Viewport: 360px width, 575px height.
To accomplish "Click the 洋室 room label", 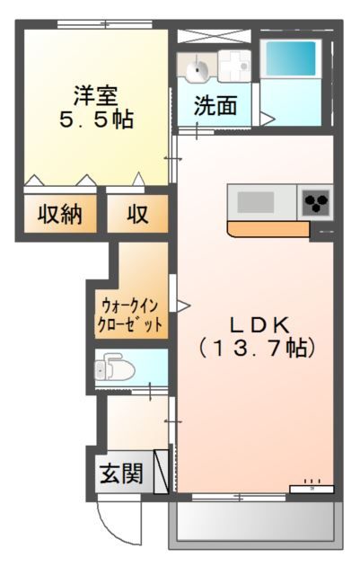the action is coord(96,95).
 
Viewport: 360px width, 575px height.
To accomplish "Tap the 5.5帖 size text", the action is coord(96,119).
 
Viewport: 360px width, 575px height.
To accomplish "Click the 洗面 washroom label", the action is coord(215,106).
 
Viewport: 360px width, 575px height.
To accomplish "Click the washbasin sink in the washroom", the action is coord(196,68).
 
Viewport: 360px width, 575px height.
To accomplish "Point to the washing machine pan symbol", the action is coord(234,66).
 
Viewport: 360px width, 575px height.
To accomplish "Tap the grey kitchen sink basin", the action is coord(256,202).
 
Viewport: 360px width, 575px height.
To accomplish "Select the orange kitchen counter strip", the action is coord(268,229).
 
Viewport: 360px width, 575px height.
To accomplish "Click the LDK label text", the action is coord(259,324).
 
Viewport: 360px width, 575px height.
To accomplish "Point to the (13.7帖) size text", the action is coord(257,348).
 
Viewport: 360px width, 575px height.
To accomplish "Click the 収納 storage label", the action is coord(60,214).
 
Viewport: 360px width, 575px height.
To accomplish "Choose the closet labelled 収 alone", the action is coord(137,214).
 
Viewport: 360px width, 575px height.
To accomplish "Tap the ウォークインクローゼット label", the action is coord(130,314).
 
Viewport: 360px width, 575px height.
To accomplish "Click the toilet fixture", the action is coord(114,368).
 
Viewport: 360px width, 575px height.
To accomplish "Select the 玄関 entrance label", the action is coord(121,473).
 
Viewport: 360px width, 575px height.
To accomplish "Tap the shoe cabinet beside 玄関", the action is coord(162,472).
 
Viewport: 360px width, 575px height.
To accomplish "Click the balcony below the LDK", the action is coord(256,521).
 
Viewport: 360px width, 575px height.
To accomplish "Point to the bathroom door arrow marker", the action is coord(268,119).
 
